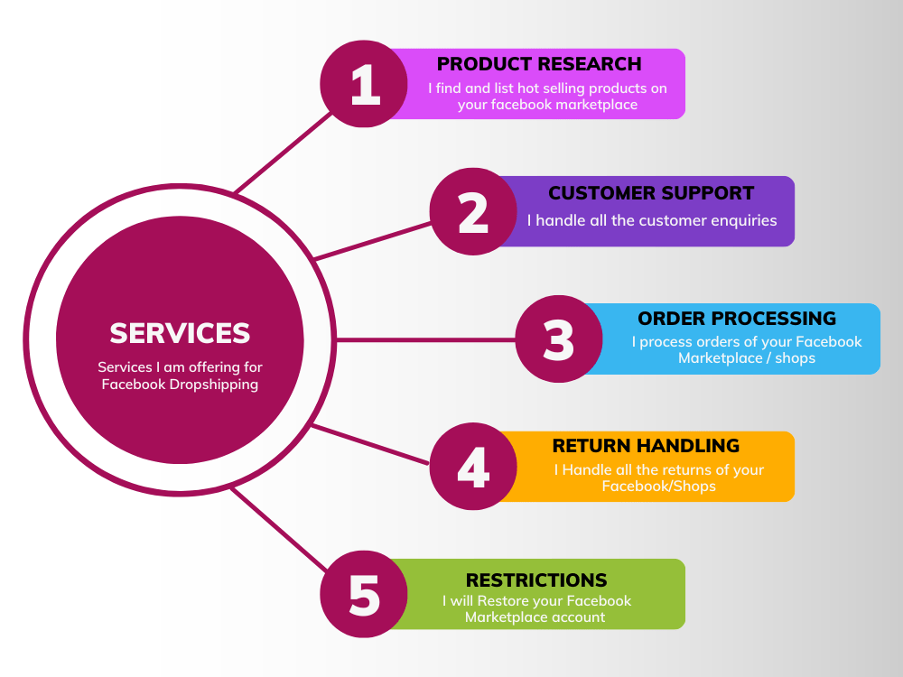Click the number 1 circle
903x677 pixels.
(364, 84)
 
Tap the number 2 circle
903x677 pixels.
(473, 212)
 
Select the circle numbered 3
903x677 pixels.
(559, 339)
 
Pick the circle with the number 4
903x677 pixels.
(473, 467)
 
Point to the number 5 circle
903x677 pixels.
(364, 594)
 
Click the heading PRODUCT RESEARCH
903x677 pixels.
(539, 64)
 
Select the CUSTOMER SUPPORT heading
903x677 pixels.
(651, 193)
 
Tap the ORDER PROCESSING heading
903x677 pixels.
(737, 319)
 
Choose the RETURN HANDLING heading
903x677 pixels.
(646, 446)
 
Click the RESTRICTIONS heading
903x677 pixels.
(536, 580)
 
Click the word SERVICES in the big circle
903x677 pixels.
(180, 333)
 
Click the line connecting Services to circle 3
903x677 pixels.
(425, 339)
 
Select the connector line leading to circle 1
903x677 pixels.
(283, 153)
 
